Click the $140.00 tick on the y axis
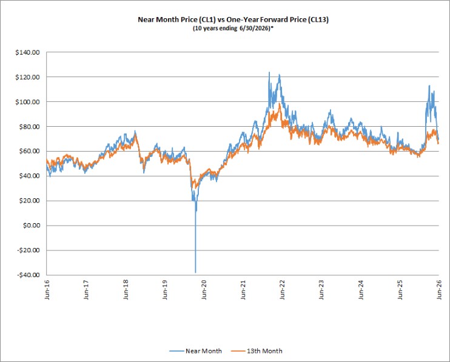[x=27, y=53]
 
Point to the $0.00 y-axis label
[x=32, y=226]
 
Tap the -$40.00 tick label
[x=29, y=275]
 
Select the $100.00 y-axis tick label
[x=27, y=102]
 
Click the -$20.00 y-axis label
[x=29, y=250]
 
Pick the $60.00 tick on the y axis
[x=29, y=151]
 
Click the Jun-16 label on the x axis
[x=47, y=290]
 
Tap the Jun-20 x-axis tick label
[x=204, y=290]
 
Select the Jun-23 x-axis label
[x=321, y=290]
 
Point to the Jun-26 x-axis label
[x=439, y=290]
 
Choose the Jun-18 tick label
[x=126, y=290]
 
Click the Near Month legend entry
[x=195, y=351]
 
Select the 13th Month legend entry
[x=257, y=351]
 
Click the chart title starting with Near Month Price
[x=233, y=19]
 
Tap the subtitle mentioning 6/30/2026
[x=233, y=28]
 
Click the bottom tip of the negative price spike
[x=195, y=272]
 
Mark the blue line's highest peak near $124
[x=269, y=72]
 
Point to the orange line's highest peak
[x=280, y=104]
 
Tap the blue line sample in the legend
[x=176, y=351]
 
